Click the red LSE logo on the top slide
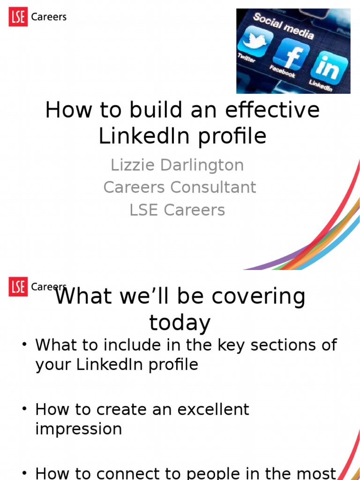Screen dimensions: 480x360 (18, 17)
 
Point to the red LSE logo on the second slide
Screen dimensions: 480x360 (18, 287)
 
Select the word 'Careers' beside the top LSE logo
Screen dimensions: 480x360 (49, 17)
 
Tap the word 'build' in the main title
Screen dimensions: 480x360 (143, 111)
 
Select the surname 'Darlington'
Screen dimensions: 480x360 (202, 165)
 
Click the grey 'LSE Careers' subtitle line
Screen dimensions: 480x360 (177, 210)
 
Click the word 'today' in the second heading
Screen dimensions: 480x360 (180, 323)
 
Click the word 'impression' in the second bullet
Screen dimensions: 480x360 (78, 429)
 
